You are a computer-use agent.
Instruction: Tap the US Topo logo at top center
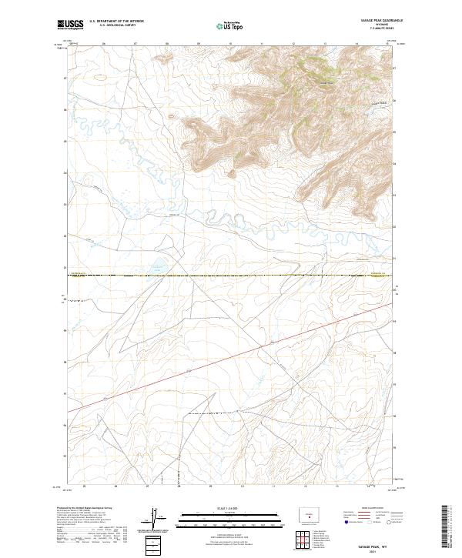231,25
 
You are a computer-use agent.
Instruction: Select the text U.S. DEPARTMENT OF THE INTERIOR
116,22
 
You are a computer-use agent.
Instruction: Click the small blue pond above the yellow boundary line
159,268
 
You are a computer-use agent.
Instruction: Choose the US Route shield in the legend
362,523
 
